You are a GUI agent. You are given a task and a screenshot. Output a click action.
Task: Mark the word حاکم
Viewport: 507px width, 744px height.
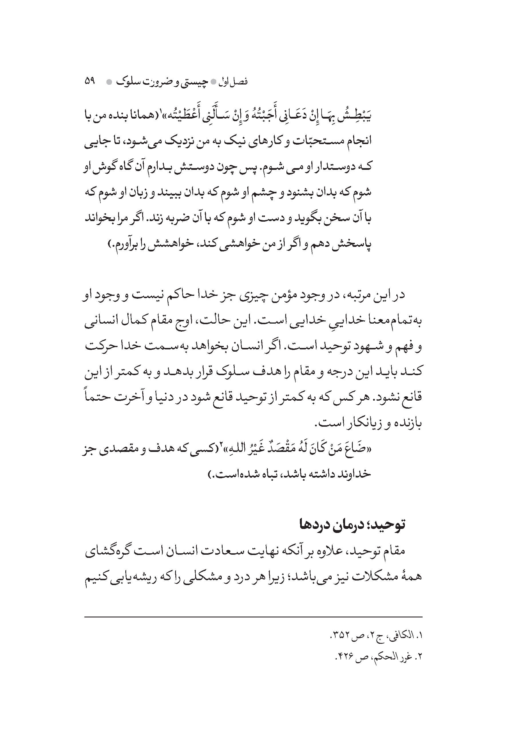189,295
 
